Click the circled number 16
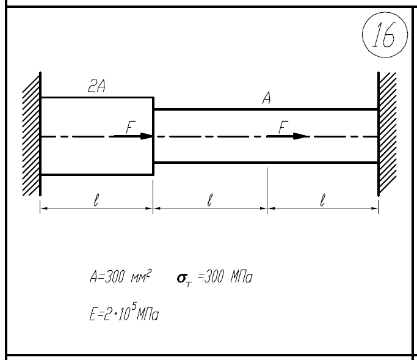coord(385,35)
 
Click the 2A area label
coord(96,86)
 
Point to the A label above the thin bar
coord(266,98)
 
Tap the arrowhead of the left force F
coord(147,136)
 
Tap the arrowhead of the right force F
coord(300,136)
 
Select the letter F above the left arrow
coord(130,127)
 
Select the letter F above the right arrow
coord(283,127)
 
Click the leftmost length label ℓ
coord(96,200)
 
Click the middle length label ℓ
coord(209,200)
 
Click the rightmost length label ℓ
coord(322,200)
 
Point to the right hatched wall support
coord(387,133)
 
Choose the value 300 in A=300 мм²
coord(114,277)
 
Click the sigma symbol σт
coord(184,279)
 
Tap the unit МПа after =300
coord(241,277)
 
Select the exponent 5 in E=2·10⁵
coord(134,307)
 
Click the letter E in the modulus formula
coord(93,314)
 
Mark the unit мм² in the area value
coord(141,276)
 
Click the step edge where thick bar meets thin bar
coord(153,136)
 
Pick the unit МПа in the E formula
coord(148,314)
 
